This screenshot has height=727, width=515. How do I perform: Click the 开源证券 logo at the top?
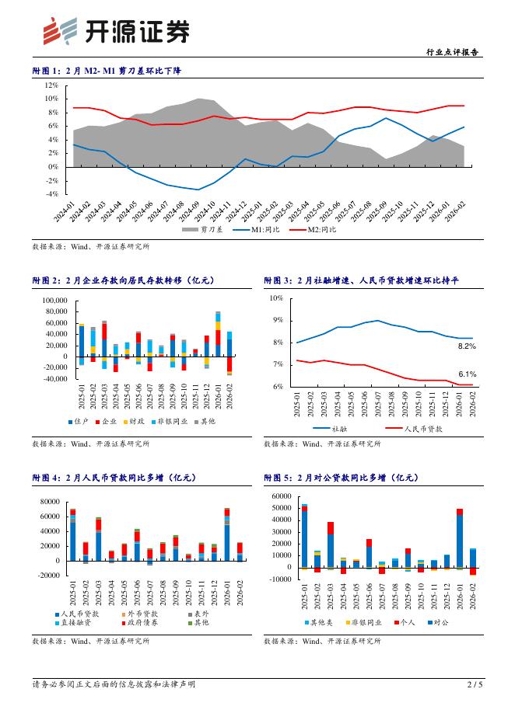point(116,32)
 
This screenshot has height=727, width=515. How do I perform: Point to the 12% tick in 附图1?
point(51,85)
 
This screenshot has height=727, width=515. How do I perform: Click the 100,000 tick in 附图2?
point(53,300)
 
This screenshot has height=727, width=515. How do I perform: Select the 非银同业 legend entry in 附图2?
point(169,421)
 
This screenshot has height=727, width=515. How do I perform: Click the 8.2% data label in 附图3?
point(467,346)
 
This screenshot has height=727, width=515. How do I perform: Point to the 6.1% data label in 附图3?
point(467,374)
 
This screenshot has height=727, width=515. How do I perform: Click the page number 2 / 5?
point(475,706)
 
